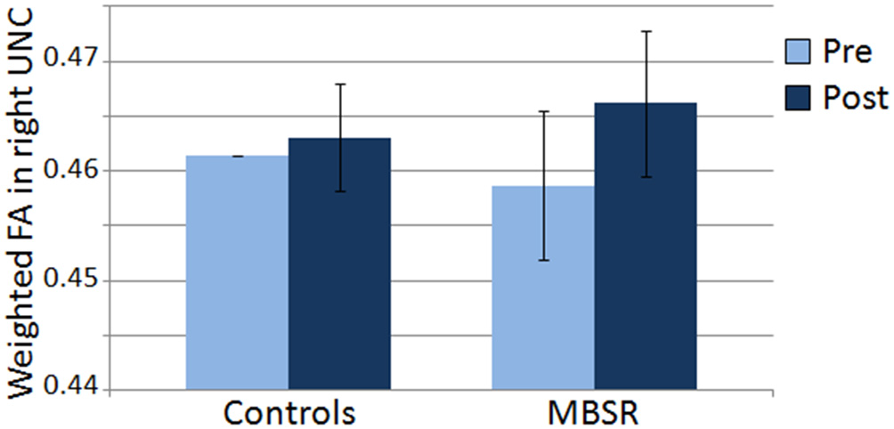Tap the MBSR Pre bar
tap(543, 288)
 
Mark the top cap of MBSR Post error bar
tap(646, 31)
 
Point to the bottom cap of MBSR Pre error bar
tap(543, 261)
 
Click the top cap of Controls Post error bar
tap(339, 84)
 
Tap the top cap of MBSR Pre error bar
tap(543, 111)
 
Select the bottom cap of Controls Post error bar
tap(339, 191)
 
